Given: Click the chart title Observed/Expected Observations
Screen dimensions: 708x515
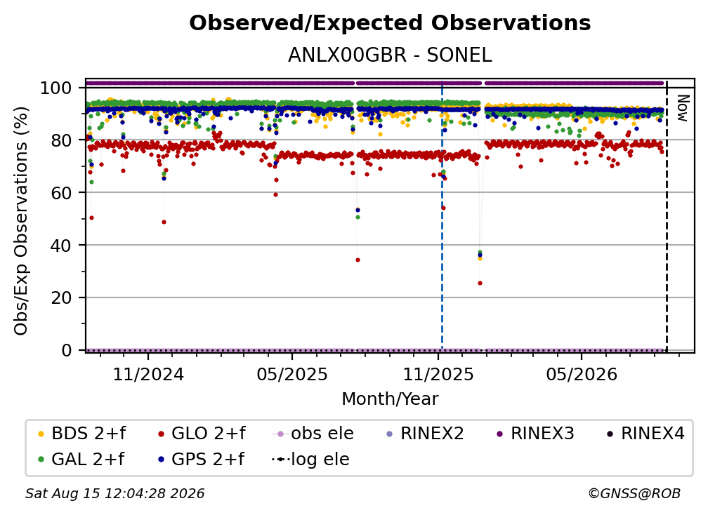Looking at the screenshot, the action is pyautogui.click(x=390, y=23).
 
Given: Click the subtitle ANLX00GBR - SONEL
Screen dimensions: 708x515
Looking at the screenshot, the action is pyautogui.click(x=390, y=55).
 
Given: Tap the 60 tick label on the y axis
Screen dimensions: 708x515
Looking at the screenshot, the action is pyautogui.click(x=61, y=192).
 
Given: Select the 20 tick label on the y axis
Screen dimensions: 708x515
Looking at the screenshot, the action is pyautogui.click(x=61, y=297).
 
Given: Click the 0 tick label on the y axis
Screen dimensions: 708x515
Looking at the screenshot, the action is pyautogui.click(x=67, y=350).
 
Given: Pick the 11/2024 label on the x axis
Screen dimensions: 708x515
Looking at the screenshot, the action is pyautogui.click(x=148, y=374).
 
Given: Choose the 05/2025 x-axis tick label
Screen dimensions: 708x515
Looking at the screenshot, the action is pyautogui.click(x=292, y=374).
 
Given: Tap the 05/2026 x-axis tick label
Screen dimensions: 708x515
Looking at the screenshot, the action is pyautogui.click(x=581, y=374).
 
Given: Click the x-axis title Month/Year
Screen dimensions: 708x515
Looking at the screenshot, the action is pyautogui.click(x=390, y=399).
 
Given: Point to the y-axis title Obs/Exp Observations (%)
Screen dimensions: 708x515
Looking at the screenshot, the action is pyautogui.click(x=21, y=221).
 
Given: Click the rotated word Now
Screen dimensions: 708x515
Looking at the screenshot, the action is pyautogui.click(x=682, y=108).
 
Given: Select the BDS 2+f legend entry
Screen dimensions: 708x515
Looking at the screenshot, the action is pyautogui.click(x=81, y=434).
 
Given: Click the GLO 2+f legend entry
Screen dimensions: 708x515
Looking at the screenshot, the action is pyautogui.click(x=202, y=434).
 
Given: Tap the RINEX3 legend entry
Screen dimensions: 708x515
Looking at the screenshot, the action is pyautogui.click(x=535, y=434).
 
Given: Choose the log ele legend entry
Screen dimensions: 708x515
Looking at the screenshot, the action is pyautogui.click(x=310, y=460).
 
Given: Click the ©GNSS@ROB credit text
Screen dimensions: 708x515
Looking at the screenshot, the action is pyautogui.click(x=634, y=494).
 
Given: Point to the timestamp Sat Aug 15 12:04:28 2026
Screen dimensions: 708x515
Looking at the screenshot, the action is pyautogui.click(x=114, y=494).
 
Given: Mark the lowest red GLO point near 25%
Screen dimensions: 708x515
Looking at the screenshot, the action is pyautogui.click(x=480, y=283).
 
